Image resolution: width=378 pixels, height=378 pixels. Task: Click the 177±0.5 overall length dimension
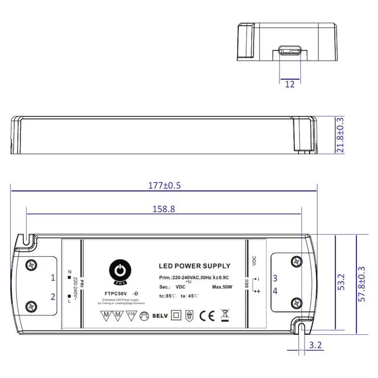(x=164, y=185)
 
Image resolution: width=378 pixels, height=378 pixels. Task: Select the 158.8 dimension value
(x=164, y=209)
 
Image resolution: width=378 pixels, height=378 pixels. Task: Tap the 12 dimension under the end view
(x=289, y=84)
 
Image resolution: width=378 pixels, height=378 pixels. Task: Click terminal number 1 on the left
(x=53, y=278)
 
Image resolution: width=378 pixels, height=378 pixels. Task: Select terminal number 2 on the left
(x=53, y=296)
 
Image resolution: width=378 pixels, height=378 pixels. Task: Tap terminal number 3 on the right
(x=275, y=279)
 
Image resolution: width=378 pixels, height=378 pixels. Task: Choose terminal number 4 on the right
(x=275, y=291)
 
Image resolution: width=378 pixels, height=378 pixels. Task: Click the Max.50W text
(x=224, y=287)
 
